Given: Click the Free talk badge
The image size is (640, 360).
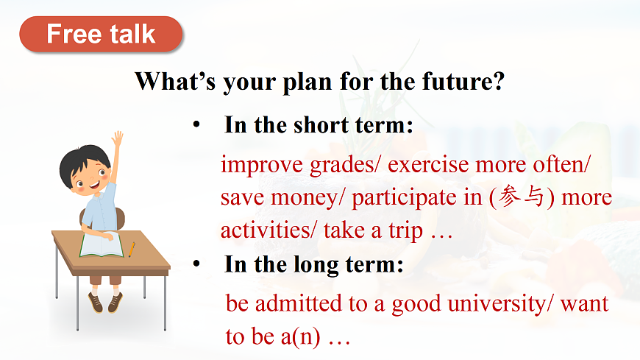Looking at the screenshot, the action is [101, 35].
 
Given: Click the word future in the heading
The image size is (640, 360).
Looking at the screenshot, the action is [463, 81].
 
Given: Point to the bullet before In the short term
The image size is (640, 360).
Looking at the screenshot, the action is [196, 124].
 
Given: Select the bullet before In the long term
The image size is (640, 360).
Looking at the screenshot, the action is [196, 264].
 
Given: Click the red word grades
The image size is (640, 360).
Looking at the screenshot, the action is [341, 166].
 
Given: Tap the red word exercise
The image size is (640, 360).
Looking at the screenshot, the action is [428, 164].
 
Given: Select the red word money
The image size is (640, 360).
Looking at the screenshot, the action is [304, 199].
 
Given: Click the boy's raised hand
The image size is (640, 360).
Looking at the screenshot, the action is [117, 139].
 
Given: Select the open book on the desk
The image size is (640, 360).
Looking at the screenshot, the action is [101, 244].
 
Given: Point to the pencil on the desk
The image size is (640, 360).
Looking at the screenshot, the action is [132, 250].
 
